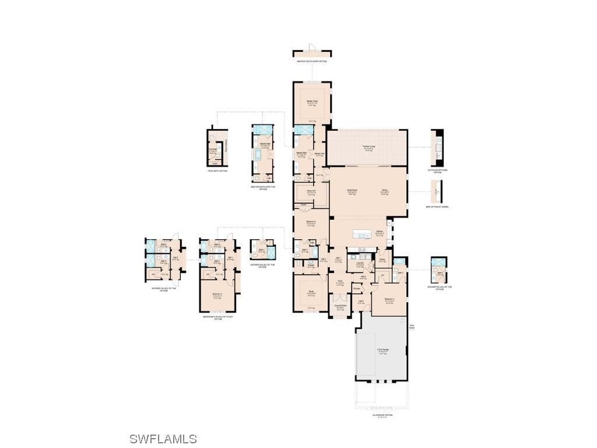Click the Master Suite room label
pyautogui.click(x=312, y=101)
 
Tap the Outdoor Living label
pyautogui.click(x=368, y=146)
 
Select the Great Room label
pyautogui.click(x=352, y=190)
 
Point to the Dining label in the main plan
pyautogui.click(x=385, y=190)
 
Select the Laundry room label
pyautogui.click(x=360, y=263)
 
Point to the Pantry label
pyautogui.click(x=382, y=260)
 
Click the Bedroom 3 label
pyautogui.click(x=389, y=299)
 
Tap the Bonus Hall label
pyautogui.click(x=311, y=191)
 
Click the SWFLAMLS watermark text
pyautogui.click(x=163, y=439)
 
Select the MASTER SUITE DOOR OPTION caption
pyautogui.click(x=311, y=61)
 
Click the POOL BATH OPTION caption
pyautogui.click(x=217, y=171)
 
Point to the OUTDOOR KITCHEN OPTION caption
pyautogui.click(x=438, y=171)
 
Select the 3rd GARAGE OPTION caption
pyautogui.click(x=382, y=415)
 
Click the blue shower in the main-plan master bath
pyautogui.click(x=304, y=129)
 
